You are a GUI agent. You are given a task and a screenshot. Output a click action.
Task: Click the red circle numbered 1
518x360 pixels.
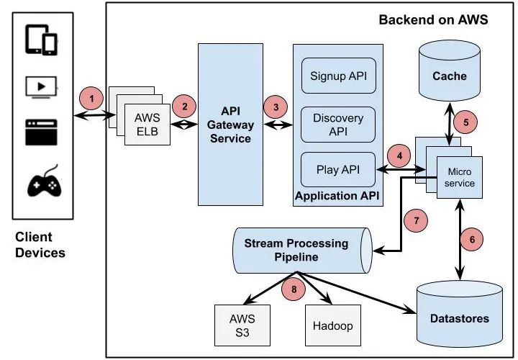tap(91, 95)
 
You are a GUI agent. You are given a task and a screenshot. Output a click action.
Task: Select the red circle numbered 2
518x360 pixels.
tap(185, 106)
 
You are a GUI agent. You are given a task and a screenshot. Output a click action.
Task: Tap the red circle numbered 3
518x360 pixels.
tap(273, 107)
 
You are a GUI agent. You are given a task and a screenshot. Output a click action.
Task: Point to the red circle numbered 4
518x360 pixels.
tap(397, 153)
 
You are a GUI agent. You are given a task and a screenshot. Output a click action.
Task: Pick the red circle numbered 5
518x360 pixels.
tap(466, 122)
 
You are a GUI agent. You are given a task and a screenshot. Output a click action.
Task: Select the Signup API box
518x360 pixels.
tap(338, 76)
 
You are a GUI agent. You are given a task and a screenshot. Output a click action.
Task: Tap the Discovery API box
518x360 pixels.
tap(338, 124)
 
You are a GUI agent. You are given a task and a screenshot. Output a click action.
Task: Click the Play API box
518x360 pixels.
tap(338, 171)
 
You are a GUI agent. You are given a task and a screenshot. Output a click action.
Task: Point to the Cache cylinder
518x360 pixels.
tap(450, 73)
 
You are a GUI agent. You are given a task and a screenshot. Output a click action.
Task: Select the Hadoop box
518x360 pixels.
tap(332, 325)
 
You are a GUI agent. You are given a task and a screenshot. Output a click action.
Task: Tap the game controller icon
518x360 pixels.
tap(45, 183)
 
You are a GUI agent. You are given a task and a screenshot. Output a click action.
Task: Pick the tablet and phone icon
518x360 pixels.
tap(42, 40)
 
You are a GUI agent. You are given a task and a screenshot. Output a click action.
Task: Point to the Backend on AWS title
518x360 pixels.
tap(433, 19)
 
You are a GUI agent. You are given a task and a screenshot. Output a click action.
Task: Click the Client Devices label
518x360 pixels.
tap(40, 245)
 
